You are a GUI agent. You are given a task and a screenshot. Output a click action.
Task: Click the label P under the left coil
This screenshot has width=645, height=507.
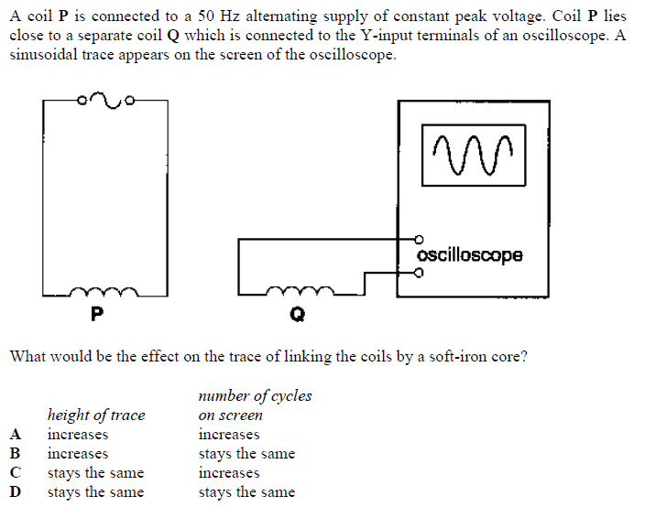pyautogui.click(x=96, y=316)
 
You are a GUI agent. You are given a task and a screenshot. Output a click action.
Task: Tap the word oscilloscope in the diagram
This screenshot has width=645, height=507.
pyautogui.click(x=469, y=255)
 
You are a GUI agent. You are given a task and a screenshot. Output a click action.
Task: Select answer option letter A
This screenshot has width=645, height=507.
pyautogui.click(x=14, y=435)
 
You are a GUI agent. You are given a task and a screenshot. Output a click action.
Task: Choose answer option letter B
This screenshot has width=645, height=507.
pyautogui.click(x=14, y=454)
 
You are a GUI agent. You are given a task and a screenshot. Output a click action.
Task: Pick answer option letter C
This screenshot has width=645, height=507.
pyautogui.click(x=14, y=473)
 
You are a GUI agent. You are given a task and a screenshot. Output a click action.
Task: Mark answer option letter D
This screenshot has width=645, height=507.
pyautogui.click(x=14, y=492)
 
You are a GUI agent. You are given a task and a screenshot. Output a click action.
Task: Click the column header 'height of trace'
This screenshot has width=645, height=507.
pyautogui.click(x=96, y=415)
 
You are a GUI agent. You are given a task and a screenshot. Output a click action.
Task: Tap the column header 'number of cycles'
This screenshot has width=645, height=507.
pyautogui.click(x=255, y=396)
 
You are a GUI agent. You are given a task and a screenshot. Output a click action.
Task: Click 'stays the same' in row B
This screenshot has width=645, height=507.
pyautogui.click(x=246, y=454)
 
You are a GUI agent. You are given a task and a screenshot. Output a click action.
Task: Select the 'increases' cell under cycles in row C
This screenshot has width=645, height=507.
pyautogui.click(x=229, y=473)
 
